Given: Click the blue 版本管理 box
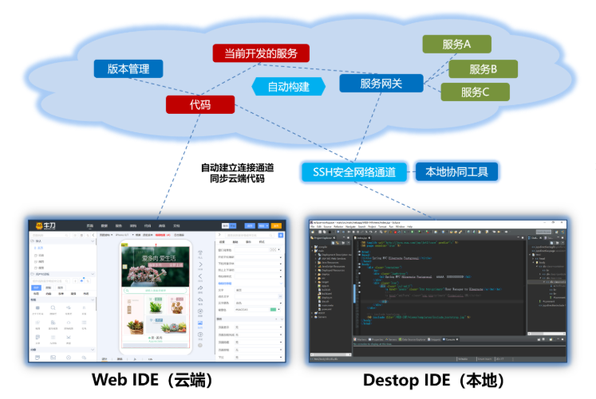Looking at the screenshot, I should click(128, 69).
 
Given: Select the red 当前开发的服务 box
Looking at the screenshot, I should click(260, 53).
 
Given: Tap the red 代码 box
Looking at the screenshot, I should click(200, 104).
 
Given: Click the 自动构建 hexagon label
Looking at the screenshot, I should click(288, 86).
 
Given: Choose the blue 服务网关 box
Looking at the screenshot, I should click(381, 83).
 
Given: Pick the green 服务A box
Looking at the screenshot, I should click(456, 45).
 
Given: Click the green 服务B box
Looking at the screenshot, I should click(483, 68).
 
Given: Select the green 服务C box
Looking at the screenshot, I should click(475, 92).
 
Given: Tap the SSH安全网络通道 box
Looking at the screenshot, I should click(354, 171).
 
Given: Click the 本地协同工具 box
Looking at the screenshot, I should click(456, 171).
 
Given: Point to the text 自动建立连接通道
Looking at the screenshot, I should click(237, 167).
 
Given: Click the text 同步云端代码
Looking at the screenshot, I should click(237, 179).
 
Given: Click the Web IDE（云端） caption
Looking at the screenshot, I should click(152, 380).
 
